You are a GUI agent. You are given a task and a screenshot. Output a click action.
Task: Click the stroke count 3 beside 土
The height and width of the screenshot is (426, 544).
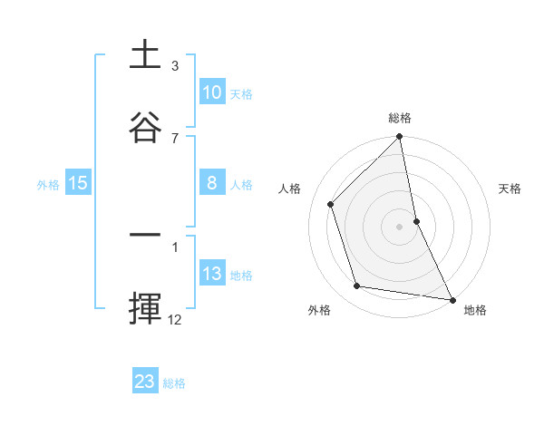[x=175, y=65]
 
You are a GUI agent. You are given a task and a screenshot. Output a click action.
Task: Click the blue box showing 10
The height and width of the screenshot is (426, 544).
[x=212, y=92]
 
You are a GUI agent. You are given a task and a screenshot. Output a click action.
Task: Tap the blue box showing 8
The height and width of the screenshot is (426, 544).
[x=212, y=183]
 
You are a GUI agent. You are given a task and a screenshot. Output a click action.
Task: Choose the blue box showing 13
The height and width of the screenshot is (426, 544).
[x=212, y=274]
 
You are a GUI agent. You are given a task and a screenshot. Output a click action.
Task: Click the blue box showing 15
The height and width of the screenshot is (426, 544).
[x=78, y=183]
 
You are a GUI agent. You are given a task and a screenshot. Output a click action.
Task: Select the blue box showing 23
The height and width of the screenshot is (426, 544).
[x=145, y=382]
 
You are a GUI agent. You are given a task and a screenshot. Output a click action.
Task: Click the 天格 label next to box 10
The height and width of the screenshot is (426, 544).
[x=241, y=94]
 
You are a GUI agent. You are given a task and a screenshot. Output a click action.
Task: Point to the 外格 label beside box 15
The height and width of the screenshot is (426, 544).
[x=48, y=185]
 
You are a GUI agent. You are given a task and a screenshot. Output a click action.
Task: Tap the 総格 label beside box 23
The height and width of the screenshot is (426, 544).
[x=174, y=383]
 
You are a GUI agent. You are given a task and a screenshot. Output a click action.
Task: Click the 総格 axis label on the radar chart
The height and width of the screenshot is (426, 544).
[x=400, y=118]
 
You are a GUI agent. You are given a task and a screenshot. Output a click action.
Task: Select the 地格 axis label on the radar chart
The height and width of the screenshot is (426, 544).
[x=475, y=310]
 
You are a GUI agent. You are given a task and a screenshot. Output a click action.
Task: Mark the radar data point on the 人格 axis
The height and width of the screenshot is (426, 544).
[x=331, y=204]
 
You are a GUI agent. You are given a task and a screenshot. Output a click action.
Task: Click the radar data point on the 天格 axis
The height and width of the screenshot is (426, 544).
[x=416, y=221]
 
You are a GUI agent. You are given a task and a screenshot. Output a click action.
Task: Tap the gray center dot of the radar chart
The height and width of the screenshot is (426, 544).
[x=400, y=227]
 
